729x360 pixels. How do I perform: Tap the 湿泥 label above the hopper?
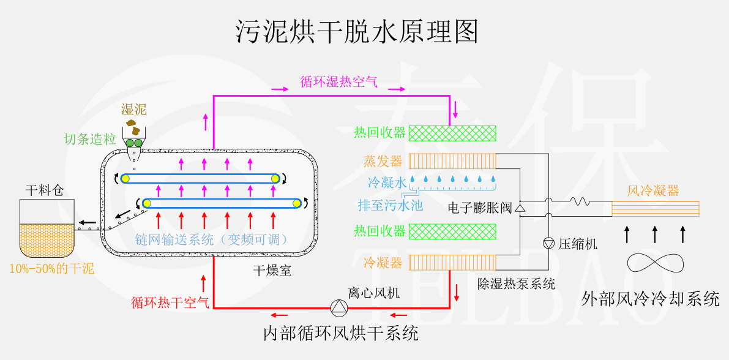pyautogui.click(x=133, y=110)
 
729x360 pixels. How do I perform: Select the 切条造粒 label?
pyautogui.click(x=90, y=139)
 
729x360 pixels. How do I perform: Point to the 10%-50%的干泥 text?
pyautogui.click(x=52, y=268)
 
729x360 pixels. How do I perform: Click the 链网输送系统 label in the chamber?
pyautogui.click(x=212, y=239)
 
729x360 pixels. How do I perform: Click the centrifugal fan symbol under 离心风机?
pyautogui.click(x=338, y=306)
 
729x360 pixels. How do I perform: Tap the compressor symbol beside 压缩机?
pyautogui.click(x=548, y=243)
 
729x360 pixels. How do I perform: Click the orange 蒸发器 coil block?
pyautogui.click(x=452, y=161)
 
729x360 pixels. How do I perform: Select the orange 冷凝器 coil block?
pyautogui.click(x=452, y=263)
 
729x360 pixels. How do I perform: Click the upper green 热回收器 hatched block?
pyautogui.click(x=452, y=133)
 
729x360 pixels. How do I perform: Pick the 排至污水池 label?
pyautogui.click(x=391, y=206)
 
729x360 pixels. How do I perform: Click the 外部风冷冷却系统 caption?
pyautogui.click(x=650, y=299)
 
